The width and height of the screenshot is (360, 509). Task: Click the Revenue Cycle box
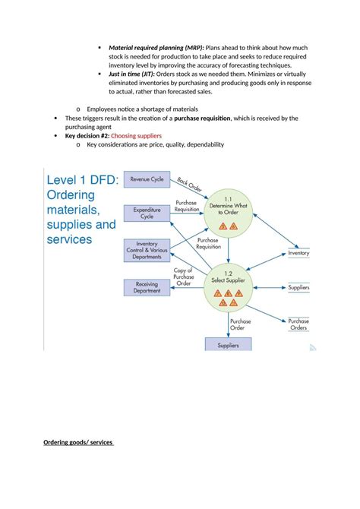point(147,179)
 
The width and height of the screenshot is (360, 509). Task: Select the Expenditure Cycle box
point(147,213)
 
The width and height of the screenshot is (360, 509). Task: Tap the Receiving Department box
point(147,287)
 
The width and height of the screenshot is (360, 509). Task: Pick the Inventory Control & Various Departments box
point(147,250)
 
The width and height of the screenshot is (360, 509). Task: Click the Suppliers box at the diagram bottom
point(228,345)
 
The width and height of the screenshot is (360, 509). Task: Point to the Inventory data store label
point(298,253)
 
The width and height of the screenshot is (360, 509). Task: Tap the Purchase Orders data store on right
point(298,324)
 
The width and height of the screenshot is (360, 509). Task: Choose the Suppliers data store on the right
point(298,288)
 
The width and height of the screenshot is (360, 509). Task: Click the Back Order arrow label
point(190,185)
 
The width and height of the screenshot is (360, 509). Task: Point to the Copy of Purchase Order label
point(183,277)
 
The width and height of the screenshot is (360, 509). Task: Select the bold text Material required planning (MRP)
point(156,47)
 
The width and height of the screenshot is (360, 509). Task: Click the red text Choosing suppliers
point(136,135)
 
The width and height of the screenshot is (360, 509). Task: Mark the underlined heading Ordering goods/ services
point(78,442)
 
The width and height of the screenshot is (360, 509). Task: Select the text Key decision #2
point(87,135)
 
